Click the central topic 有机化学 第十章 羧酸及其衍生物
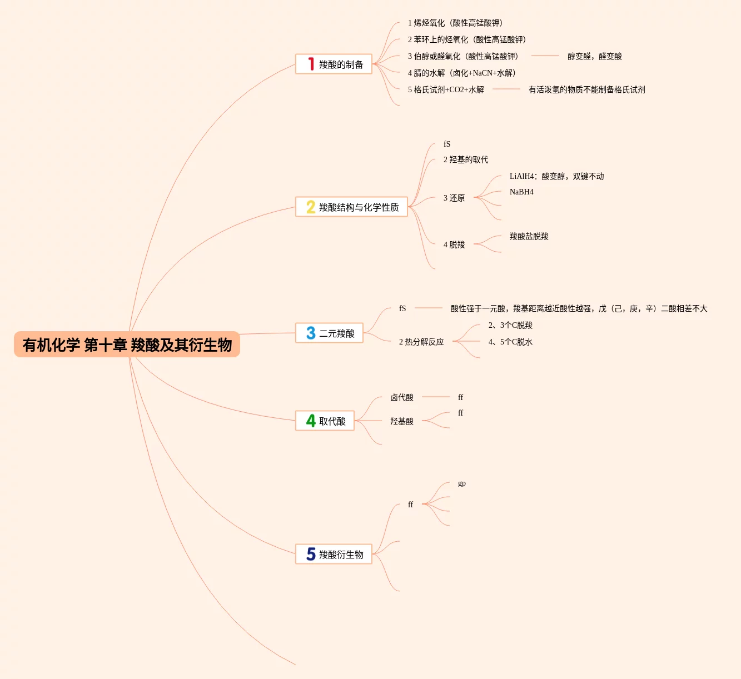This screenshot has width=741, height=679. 127,345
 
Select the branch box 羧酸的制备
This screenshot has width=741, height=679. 334,64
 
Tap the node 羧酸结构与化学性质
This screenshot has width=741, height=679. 351,207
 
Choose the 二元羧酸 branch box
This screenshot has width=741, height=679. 329,333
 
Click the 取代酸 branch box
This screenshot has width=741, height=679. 325,421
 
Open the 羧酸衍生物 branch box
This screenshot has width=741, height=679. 334,555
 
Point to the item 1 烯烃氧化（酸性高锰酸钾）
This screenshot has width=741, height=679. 455,23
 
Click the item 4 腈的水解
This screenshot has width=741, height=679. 461,73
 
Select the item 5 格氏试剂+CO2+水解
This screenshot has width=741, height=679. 445,89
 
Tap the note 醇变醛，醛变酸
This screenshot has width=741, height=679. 594,56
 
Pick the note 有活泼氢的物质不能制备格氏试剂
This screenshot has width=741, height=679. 586,89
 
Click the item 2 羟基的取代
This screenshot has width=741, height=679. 466,159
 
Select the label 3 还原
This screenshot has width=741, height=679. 454,198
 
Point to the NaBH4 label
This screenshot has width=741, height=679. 521,192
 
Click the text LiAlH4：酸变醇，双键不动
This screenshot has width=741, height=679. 556,176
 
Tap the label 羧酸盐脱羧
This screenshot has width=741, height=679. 529,236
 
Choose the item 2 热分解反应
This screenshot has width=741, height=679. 421,342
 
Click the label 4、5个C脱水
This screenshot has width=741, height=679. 510,342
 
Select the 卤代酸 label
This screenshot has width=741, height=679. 402,397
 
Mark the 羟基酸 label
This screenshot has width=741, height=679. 402,421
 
